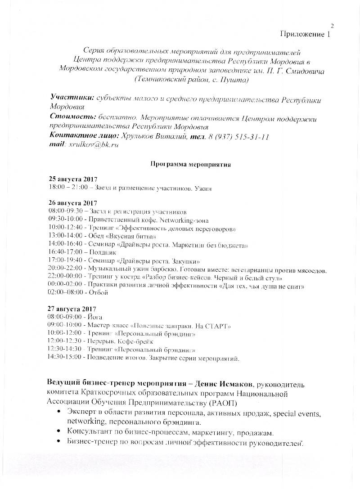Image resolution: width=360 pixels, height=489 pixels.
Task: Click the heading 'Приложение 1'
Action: (305, 34)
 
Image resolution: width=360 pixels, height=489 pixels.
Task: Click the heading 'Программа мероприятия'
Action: (190, 164)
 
